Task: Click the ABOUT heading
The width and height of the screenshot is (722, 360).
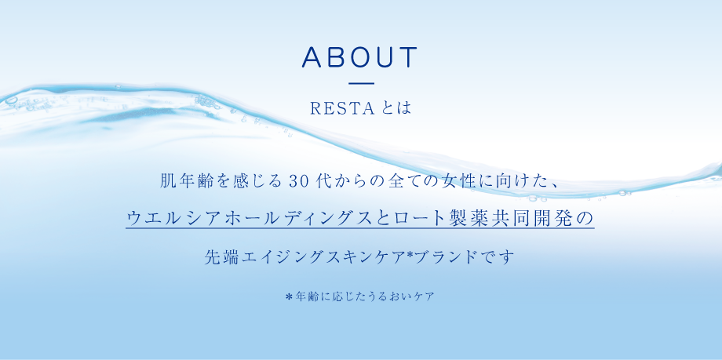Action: pyautogui.click(x=359, y=56)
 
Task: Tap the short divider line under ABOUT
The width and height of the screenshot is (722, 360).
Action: pyautogui.click(x=362, y=83)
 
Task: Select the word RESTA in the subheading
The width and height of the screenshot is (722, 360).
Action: pyautogui.click(x=342, y=109)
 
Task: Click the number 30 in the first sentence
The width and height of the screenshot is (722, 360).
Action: pyautogui.click(x=301, y=181)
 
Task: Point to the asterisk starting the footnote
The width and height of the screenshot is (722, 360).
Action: pyautogui.click(x=289, y=297)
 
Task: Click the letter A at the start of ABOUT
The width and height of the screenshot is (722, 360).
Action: pyautogui.click(x=312, y=56)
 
